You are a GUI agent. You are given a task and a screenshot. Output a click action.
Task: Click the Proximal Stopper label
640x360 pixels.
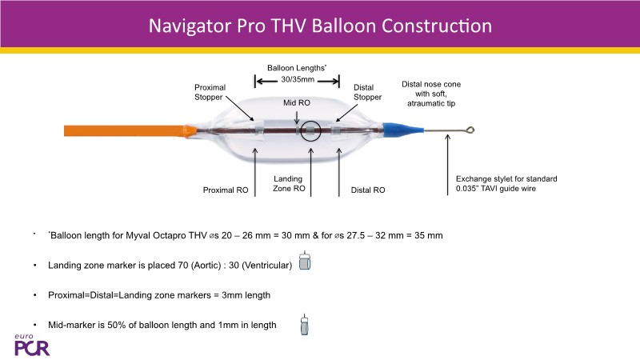(211, 92)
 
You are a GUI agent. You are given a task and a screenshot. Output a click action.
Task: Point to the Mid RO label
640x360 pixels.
(298, 103)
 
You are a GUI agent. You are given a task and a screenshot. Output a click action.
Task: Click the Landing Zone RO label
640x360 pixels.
(288, 185)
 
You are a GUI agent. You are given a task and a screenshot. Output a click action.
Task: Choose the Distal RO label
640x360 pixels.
(368, 190)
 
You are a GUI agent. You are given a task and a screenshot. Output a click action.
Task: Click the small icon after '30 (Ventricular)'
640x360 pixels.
(304, 264)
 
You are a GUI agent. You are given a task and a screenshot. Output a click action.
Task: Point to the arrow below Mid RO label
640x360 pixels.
(297, 117)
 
